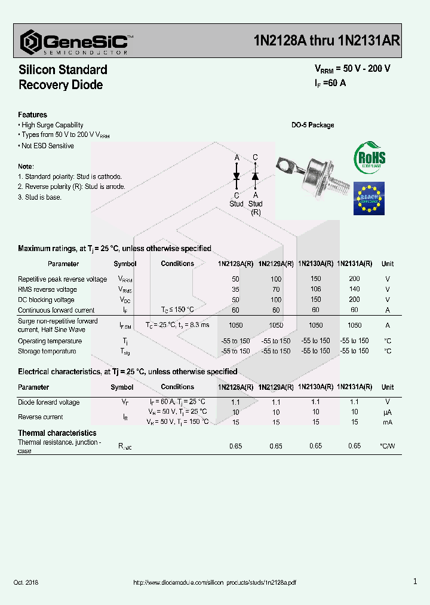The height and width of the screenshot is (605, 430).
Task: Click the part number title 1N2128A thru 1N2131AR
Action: pyautogui.click(x=327, y=41)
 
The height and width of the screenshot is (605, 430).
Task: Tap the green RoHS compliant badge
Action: pyautogui.click(x=370, y=158)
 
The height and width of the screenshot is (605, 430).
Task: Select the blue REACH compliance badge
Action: pyautogui.click(x=369, y=198)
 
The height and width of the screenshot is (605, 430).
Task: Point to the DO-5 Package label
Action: pyautogui.click(x=312, y=125)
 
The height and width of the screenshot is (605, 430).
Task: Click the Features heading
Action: pyautogui.click(x=32, y=115)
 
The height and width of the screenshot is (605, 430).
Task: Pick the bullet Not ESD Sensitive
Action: pyautogui.click(x=47, y=146)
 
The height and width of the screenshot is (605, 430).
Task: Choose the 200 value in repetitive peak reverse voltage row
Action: pyautogui.click(x=354, y=279)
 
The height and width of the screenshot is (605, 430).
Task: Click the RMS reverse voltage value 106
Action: pyautogui.click(x=315, y=289)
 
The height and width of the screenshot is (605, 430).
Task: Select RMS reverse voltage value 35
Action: pyautogui.click(x=235, y=289)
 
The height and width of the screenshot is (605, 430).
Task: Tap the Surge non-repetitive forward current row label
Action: pyautogui.click(x=57, y=325)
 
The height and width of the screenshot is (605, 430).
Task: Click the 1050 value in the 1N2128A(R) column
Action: pyautogui.click(x=235, y=325)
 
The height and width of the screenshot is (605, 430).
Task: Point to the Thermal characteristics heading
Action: pyautogui.click(x=57, y=433)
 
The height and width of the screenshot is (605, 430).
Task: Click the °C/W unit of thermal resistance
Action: pyautogui.click(x=387, y=446)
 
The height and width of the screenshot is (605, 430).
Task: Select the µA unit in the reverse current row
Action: pyautogui.click(x=387, y=412)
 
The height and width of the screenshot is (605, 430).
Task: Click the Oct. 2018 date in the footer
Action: pyautogui.click(x=26, y=582)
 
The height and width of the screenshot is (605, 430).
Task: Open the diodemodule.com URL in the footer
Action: pyautogui.click(x=214, y=582)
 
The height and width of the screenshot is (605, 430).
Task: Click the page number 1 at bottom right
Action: pyautogui.click(x=414, y=581)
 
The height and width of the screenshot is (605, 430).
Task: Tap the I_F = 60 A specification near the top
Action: pyautogui.click(x=330, y=83)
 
